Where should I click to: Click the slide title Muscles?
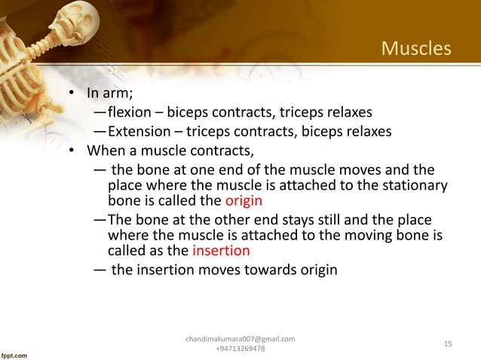click(x=416, y=49)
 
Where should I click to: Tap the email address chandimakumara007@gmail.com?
click(x=240, y=340)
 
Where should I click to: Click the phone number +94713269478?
click(x=240, y=350)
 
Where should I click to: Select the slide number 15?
click(x=448, y=344)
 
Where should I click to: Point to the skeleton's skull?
click(x=75, y=20)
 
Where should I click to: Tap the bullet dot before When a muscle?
click(x=73, y=151)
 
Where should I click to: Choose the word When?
click(x=107, y=150)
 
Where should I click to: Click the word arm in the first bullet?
click(x=116, y=94)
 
